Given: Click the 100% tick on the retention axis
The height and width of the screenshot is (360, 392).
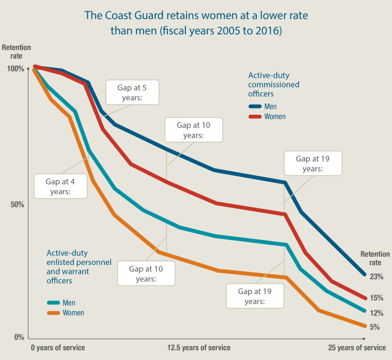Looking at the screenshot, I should pos(15,69).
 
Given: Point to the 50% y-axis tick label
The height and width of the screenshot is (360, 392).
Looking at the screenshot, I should pos(17,204).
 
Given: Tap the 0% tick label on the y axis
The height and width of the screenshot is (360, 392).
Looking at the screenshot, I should pos(18,338).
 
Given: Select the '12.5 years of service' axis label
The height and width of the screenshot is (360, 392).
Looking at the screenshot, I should pos(198,348).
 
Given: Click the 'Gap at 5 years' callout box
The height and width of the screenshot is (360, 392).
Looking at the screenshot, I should pos(132,92).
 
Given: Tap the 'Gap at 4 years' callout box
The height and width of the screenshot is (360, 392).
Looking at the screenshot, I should pos(60,186).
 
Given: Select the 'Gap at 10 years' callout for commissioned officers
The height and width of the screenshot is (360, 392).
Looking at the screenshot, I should pos(194,130).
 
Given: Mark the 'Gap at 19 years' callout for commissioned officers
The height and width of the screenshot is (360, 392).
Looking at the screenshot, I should pos(312,163).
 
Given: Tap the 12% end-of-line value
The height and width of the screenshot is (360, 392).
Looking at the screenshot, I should pos(376,313).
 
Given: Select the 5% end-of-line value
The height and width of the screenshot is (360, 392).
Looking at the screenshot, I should pos(375,327).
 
